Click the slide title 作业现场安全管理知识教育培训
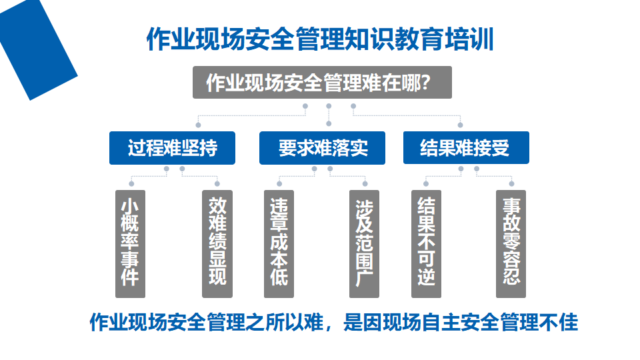click(x=320, y=39)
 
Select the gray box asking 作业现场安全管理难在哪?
click(x=322, y=83)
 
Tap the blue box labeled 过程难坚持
click(x=172, y=148)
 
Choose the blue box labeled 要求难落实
click(x=322, y=148)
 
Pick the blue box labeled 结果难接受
click(x=466, y=148)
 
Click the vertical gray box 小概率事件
click(x=130, y=244)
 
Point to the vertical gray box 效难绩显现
click(x=217, y=244)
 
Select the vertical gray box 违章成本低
click(x=279, y=244)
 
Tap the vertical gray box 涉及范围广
click(x=364, y=244)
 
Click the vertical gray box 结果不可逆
click(x=426, y=244)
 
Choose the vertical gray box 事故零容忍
click(x=511, y=244)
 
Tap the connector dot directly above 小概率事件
click(x=131, y=184)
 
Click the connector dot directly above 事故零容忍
click(x=511, y=184)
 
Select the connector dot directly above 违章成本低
click(x=279, y=184)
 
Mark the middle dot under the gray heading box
click(x=329, y=106)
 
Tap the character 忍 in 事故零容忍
click(x=511, y=275)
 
